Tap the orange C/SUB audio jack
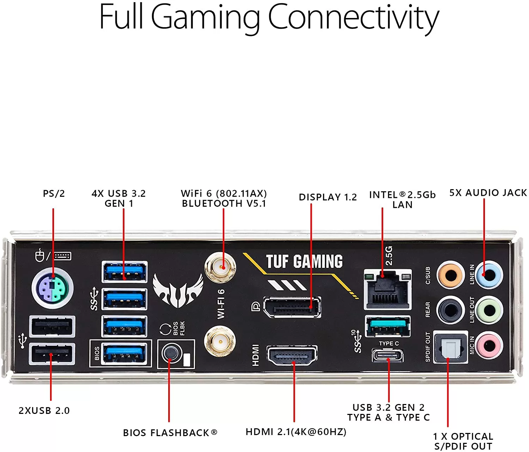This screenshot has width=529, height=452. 450,275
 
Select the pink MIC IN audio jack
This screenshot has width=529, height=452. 488,345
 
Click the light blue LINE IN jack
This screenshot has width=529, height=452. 488,275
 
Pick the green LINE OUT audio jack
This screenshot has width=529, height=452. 488,310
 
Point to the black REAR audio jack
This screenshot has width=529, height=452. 450,310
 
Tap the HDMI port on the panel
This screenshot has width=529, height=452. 292,356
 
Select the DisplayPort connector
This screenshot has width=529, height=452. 292,307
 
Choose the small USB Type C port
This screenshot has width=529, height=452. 388,355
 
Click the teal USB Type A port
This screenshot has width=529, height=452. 388,326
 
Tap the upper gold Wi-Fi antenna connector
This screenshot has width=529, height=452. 220,267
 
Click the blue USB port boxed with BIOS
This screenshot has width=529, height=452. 124,353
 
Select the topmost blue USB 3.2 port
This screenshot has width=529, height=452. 124,272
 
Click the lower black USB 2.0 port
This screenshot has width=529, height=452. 52,354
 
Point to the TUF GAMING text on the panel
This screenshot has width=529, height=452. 304,262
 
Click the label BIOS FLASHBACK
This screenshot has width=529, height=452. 170,433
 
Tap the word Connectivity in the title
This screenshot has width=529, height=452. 353,18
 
